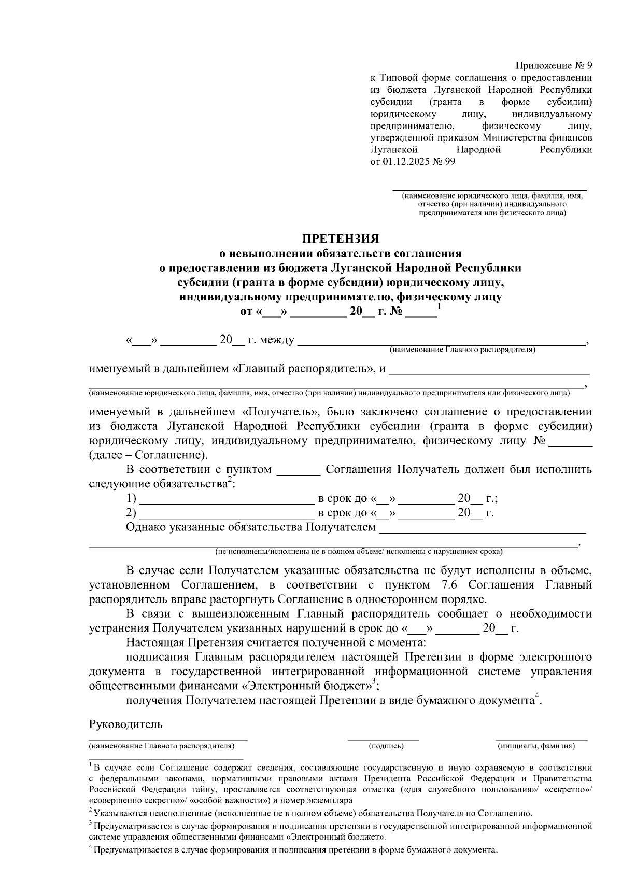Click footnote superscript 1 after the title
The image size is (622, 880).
439,307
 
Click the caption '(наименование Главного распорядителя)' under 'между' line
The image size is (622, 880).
462,350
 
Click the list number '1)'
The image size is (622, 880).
131,499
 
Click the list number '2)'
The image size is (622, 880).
131,513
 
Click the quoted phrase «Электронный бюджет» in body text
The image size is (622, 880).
307,686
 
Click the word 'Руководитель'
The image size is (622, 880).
126,724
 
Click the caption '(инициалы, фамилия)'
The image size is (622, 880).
536,746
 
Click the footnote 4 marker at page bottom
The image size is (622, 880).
90,848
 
